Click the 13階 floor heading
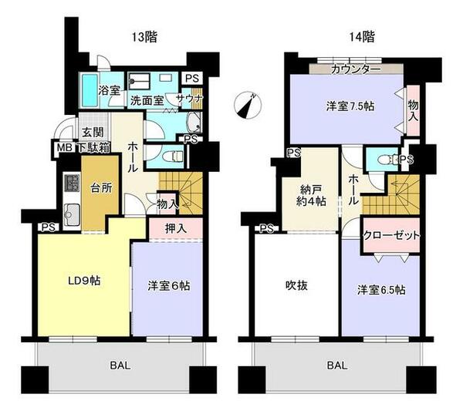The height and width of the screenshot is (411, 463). (144, 37)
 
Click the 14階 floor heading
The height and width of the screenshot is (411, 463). (362, 37)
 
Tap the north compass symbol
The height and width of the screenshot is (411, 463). (248, 105)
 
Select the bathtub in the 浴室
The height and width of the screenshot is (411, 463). (90, 90)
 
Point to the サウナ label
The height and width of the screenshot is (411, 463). (189, 98)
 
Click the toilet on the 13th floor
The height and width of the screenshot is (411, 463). (177, 157)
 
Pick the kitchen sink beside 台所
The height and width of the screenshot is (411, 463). (72, 214)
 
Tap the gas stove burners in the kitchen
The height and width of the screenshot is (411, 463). (72, 183)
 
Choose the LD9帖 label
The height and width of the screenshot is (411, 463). (84, 281)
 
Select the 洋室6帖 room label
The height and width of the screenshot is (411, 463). (168, 286)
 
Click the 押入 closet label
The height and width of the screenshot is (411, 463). (176, 229)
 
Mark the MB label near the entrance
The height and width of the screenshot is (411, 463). (64, 147)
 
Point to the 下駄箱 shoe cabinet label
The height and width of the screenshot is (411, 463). (94, 147)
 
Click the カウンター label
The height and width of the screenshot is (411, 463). (356, 69)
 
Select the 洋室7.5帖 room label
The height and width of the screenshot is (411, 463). (350, 106)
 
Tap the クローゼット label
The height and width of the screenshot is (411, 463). (391, 235)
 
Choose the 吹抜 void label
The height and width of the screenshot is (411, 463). (296, 285)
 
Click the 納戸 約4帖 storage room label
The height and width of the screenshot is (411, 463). (311, 195)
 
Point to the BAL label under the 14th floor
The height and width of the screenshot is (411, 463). (337, 366)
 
